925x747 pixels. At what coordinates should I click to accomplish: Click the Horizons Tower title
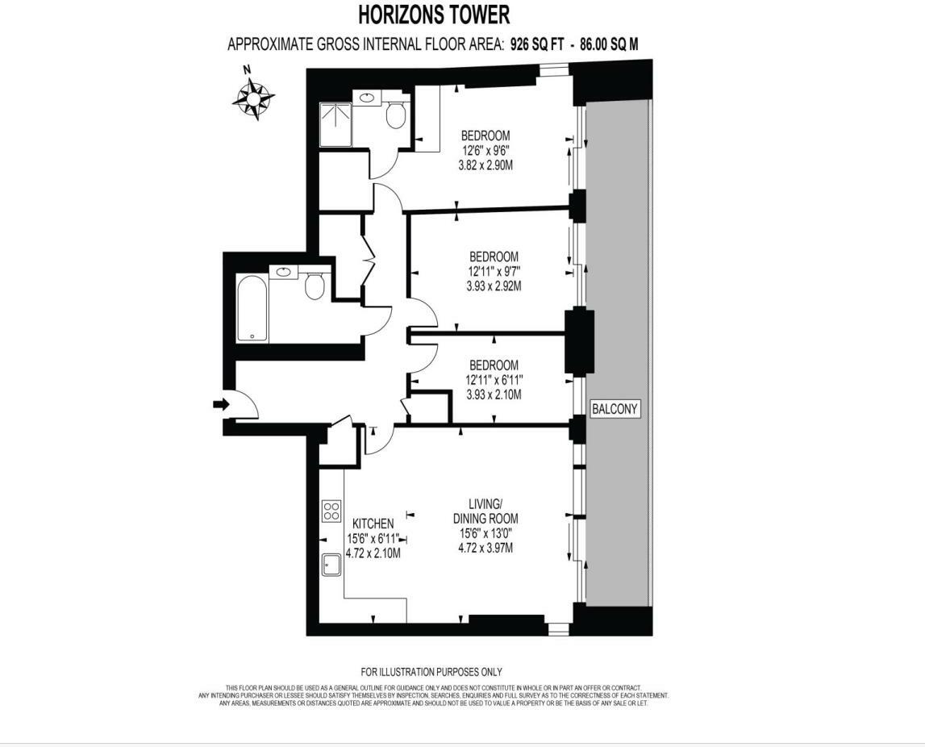tap(433, 15)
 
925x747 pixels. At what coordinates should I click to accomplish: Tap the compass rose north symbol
tap(253, 97)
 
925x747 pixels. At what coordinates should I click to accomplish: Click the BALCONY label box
tap(615, 409)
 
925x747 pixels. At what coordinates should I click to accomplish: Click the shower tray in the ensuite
tap(335, 125)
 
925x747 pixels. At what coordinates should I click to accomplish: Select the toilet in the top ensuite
tap(395, 115)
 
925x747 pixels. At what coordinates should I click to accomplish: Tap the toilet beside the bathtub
tap(315, 285)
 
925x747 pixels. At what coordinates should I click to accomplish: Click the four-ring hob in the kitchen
tap(331, 511)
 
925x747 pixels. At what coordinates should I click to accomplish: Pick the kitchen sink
tap(331, 564)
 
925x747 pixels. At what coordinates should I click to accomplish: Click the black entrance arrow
tap(220, 404)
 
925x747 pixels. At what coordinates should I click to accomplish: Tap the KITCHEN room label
tap(373, 524)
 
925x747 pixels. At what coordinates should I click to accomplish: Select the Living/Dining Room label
tap(485, 511)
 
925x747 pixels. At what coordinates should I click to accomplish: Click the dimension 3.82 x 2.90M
tap(485, 165)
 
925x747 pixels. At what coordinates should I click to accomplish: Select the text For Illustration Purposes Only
tap(431, 672)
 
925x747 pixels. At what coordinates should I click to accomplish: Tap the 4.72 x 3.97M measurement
tap(485, 548)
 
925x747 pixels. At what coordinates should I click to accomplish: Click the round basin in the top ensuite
tap(368, 98)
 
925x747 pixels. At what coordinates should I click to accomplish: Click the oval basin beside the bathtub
tap(284, 272)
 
